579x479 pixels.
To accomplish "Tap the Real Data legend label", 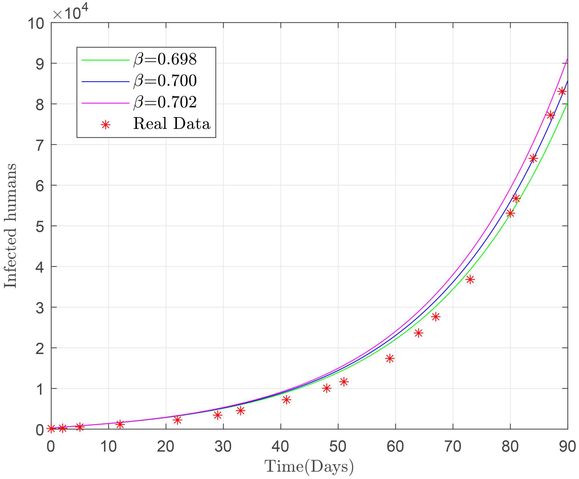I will (x=172, y=124).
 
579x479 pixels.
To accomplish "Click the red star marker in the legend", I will (x=106, y=125).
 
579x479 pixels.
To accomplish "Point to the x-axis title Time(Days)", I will (x=309, y=466).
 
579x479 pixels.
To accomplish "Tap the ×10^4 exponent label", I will (x=70, y=13).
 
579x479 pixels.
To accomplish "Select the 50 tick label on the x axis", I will (x=338, y=447).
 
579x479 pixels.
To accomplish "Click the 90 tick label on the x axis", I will (x=567, y=447).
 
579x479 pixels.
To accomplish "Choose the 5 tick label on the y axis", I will (x=40, y=227).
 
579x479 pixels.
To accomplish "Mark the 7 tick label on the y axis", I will (x=40, y=145).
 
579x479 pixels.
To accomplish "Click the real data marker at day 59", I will (x=390, y=359).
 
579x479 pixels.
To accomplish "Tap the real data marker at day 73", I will (x=470, y=279).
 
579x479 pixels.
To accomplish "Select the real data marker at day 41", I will (x=286, y=400).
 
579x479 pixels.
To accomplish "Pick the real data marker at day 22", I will (x=177, y=420).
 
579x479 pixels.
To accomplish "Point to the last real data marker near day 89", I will (x=562, y=91).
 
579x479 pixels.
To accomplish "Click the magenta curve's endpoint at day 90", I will (x=567, y=58).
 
